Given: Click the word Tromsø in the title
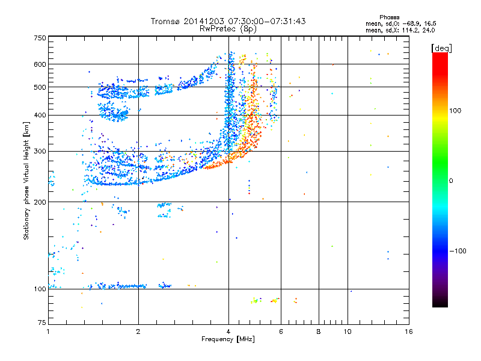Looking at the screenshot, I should click(x=167, y=21).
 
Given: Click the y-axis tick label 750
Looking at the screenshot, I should click(x=40, y=38).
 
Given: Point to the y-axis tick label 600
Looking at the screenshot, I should click(x=40, y=64).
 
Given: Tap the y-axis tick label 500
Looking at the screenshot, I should click(x=40, y=87).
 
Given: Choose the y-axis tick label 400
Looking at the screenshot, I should click(x=40, y=115).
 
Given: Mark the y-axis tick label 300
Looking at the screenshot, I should click(x=40, y=151).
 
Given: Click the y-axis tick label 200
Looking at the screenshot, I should click(x=40, y=202).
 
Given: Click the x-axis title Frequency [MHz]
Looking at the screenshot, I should click(x=228, y=339).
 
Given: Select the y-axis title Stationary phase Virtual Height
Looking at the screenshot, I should click(x=26, y=180).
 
